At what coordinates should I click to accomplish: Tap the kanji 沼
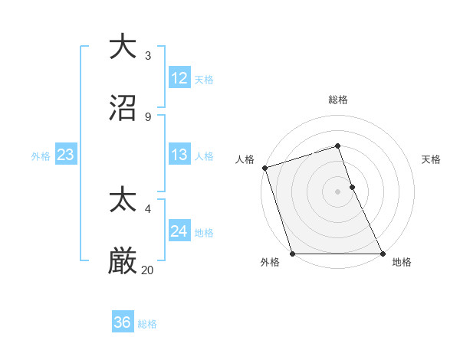pos(123,108)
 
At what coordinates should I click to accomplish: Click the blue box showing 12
pos(179,78)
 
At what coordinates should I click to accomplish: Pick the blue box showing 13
pos(179,155)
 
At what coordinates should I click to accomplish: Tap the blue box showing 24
pos(179,231)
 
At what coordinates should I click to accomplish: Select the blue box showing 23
pos(66,155)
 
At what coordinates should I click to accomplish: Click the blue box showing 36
pos(123,322)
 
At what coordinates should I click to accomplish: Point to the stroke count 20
pos(148,270)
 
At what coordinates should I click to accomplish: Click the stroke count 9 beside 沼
pos(148,117)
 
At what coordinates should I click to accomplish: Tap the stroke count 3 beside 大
pos(148,56)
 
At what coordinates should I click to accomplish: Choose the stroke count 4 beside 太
pos(148,209)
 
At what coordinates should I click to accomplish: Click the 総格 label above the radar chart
pos(338,100)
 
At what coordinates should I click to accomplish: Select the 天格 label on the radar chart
pos(432,159)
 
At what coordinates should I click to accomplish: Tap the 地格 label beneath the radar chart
pos(402,263)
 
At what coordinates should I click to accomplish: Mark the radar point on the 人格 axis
pos(264,168)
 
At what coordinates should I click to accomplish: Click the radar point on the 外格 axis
pos(292,254)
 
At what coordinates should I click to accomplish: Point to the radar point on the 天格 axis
pos(352,187)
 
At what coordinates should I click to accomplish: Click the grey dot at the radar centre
pos(338,191)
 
